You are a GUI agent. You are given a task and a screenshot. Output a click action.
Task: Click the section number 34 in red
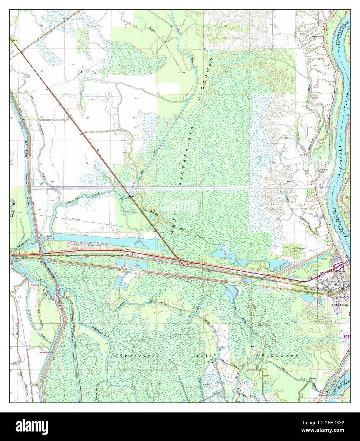coord(87,163)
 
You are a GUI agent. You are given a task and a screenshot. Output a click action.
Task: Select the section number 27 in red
coord(88,118)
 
